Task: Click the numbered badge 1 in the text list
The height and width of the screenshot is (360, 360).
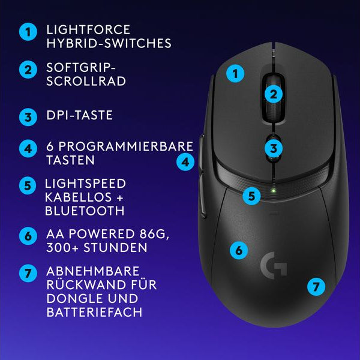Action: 27,32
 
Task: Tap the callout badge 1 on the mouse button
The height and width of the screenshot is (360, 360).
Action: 236,74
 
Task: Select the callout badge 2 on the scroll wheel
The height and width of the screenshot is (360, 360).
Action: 273,94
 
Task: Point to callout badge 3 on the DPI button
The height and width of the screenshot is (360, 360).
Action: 273,148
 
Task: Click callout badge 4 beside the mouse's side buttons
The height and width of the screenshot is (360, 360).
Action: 186,161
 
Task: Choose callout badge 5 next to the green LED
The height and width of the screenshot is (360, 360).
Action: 252,196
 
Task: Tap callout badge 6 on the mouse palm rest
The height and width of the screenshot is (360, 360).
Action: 239,250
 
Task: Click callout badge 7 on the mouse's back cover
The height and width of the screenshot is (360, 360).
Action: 316,286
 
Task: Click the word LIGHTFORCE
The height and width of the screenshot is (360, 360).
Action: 88,29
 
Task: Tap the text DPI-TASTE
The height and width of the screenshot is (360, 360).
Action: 79,115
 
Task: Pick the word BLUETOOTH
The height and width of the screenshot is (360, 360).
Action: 85,211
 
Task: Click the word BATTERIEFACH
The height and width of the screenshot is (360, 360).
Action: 94,313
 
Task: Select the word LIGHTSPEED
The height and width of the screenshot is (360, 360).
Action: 85,183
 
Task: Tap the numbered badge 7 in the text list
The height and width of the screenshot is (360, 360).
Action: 27,273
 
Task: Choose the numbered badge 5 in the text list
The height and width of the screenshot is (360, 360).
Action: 27,185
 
